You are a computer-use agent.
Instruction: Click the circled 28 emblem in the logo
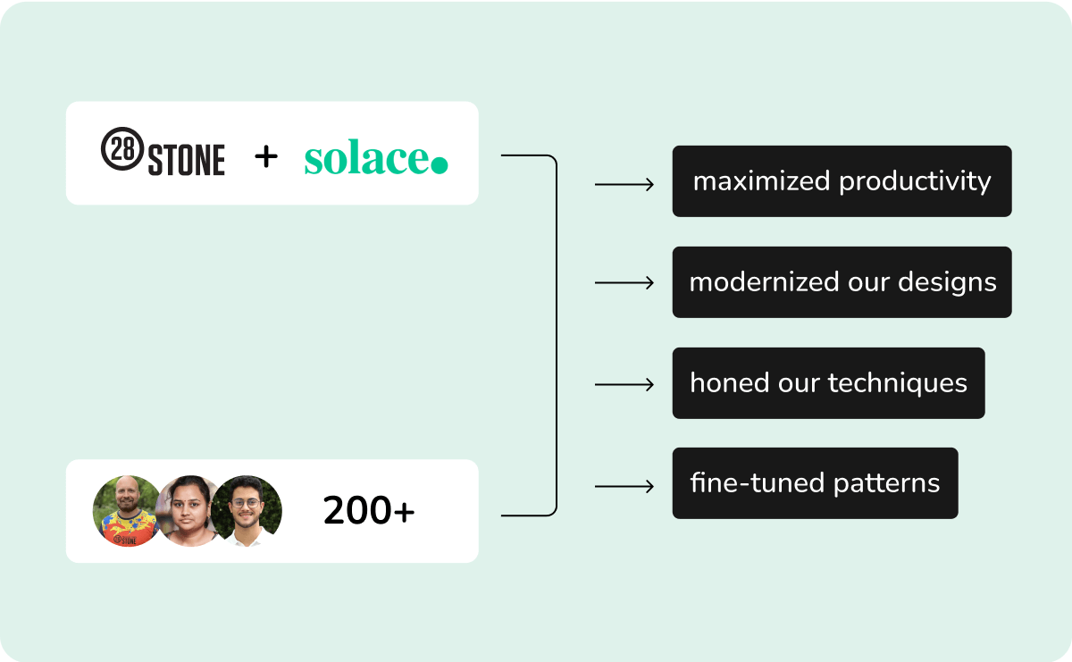point(122,148)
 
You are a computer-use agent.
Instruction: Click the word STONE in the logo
point(187,160)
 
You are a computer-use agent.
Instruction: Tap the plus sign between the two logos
point(266,157)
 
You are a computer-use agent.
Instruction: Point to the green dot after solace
point(440,164)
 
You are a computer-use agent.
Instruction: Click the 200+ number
point(368,511)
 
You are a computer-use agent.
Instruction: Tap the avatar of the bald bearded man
point(126,511)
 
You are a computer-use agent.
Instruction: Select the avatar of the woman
point(188,511)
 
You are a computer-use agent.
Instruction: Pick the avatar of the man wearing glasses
point(247,511)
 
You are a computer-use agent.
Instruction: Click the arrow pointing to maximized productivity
point(624,184)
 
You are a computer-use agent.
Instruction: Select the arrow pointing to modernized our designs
point(624,283)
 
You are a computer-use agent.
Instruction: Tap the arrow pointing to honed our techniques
point(624,384)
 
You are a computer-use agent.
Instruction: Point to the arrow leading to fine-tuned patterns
point(624,486)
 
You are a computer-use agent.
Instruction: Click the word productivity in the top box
point(915,182)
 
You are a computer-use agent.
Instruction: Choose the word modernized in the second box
point(765,282)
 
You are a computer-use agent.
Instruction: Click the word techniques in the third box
point(898,384)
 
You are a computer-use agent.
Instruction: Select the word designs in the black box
point(947,283)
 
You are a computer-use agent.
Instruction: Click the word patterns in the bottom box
point(887,484)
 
